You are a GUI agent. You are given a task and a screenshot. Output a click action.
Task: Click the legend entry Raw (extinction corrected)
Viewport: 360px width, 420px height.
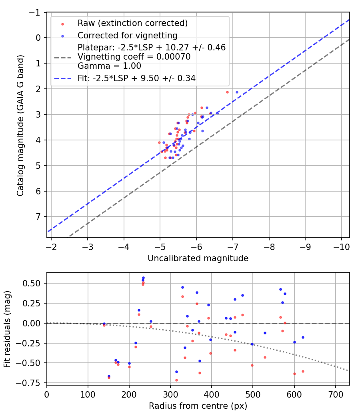click(x=132, y=23)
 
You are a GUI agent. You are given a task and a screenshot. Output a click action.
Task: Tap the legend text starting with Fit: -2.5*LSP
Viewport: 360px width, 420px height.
click(x=136, y=78)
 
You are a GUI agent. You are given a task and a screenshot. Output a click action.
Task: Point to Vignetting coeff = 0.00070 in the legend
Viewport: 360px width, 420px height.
click(x=134, y=57)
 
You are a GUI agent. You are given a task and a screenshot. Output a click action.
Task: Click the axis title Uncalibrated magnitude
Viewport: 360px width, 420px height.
click(x=198, y=258)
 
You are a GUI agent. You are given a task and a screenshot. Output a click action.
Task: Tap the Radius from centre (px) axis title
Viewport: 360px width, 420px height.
click(x=198, y=406)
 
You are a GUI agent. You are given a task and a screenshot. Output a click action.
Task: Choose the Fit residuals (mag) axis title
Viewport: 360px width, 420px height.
click(x=7, y=329)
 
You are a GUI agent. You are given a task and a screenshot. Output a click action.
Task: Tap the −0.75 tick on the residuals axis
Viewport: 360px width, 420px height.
click(x=32, y=383)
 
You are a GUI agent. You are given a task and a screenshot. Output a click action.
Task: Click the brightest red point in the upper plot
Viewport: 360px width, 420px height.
click(x=227, y=92)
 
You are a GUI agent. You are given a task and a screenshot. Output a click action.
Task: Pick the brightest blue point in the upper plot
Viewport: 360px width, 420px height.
click(x=237, y=92)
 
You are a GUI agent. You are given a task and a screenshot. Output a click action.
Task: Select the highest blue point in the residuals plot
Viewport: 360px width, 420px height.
click(x=143, y=278)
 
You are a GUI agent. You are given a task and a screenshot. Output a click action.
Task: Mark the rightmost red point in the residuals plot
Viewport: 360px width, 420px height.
click(x=303, y=371)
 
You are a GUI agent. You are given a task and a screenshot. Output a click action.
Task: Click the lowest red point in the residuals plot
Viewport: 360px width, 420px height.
click(x=176, y=380)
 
